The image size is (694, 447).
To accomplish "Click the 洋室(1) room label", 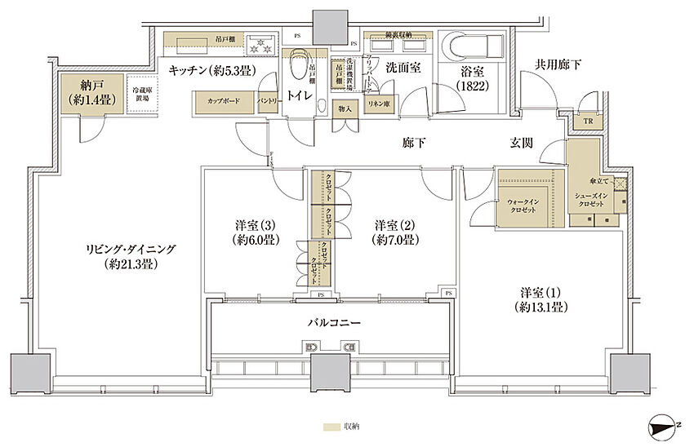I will (540, 299).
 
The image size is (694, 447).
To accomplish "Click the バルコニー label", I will (329, 322).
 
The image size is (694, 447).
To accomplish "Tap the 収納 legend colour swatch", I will (330, 427).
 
